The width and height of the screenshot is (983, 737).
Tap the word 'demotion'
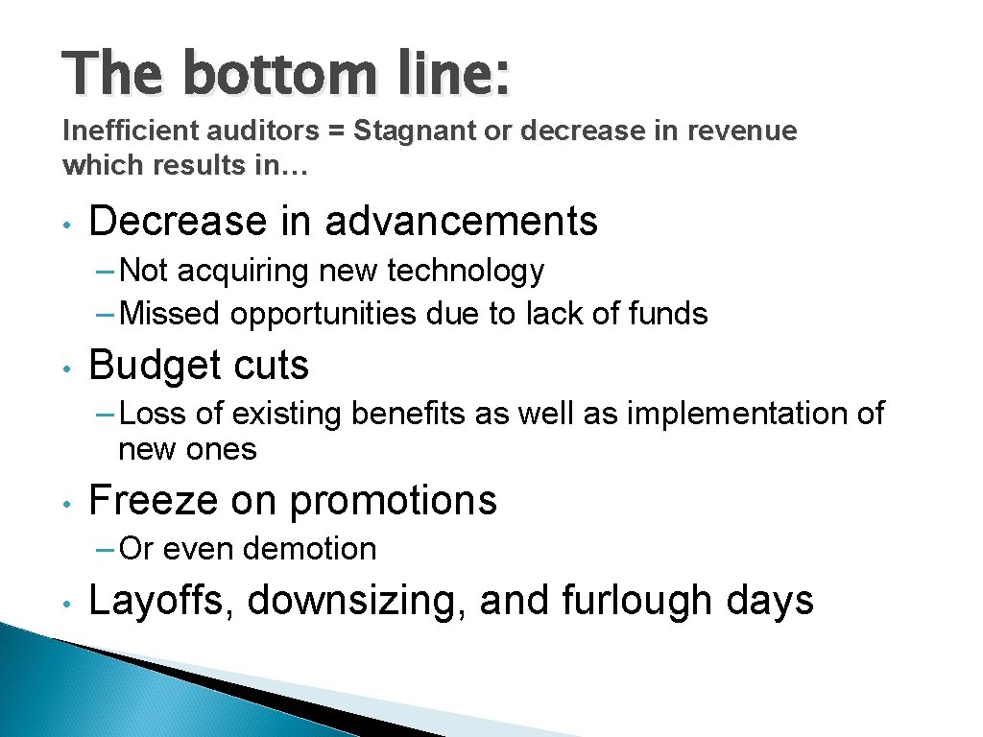[x=309, y=550]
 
